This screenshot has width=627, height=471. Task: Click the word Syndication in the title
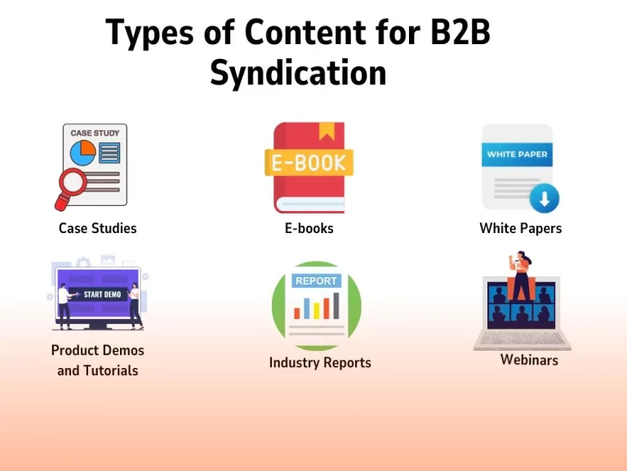coord(298,73)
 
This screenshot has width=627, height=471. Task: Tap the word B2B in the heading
coord(460,32)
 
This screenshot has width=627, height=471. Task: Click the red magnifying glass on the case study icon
coord(72,186)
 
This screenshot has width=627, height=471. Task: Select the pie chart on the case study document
coord(82,153)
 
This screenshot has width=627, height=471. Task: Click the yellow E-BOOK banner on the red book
coord(309,163)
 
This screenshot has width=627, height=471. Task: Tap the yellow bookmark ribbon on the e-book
coord(327,131)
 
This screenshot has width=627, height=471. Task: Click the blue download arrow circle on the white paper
coord(545,198)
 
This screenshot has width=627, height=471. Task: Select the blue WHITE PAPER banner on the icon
coord(517,155)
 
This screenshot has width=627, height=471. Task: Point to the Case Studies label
coord(98,228)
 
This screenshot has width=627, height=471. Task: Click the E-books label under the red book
coord(309,228)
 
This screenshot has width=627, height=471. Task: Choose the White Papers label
coord(521,228)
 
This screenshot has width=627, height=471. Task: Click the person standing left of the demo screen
coord(64,307)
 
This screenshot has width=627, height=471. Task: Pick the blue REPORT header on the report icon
coord(316,280)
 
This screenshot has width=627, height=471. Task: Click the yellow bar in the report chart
coord(316,311)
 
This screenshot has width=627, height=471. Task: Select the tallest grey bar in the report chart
coord(336,306)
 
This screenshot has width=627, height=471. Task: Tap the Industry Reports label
coord(320,363)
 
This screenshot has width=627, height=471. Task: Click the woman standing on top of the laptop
coord(521,276)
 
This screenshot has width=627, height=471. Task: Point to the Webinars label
coord(529,360)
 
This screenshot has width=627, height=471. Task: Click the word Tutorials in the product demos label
coord(111,371)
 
